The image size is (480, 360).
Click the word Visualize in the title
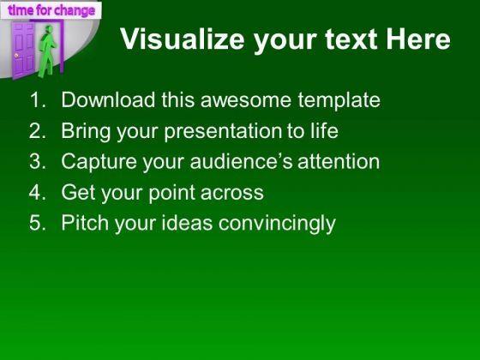182,39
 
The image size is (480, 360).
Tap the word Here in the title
418,39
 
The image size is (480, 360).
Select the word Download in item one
108,99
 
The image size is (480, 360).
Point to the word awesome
245,100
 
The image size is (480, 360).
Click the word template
339,101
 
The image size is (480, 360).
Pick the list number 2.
38,130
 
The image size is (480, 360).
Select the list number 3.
38,161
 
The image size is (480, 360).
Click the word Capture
99,162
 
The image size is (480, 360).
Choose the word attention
339,161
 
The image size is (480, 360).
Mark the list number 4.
38,192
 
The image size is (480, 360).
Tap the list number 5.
38,223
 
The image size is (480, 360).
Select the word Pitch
85,222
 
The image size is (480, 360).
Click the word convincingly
277,224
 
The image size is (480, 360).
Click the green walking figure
47,51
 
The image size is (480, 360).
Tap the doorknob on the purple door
16,56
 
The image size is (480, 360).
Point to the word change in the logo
75,11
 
